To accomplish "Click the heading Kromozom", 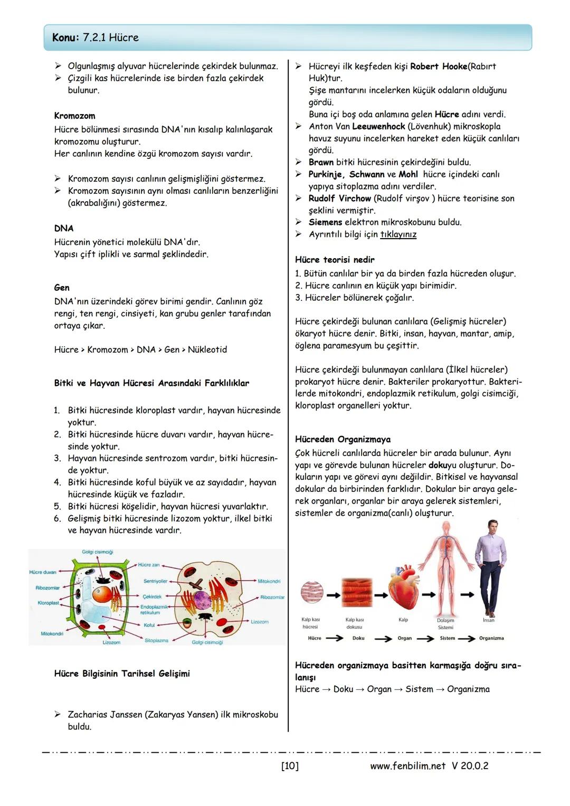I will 74,116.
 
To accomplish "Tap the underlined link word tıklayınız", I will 398,234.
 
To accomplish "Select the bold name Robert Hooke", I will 439,67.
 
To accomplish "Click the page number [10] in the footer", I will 290,765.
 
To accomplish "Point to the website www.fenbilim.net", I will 407,765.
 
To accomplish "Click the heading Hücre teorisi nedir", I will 335,260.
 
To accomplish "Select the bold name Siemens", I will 325,222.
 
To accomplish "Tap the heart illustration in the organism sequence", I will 403,590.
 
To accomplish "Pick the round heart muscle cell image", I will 311,593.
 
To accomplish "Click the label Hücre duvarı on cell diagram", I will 43,572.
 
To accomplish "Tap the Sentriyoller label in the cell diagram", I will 155,581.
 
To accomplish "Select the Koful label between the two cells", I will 149,625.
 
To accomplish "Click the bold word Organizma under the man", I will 491,638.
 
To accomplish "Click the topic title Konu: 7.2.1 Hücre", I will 96,37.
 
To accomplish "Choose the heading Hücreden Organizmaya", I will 343,439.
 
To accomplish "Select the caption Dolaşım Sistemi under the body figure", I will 445,624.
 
